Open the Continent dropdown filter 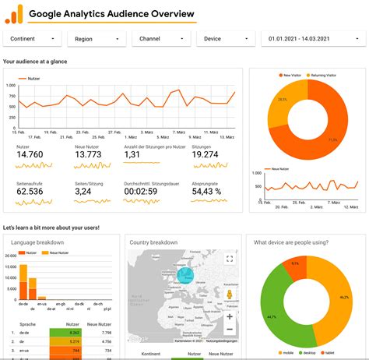coord(32,38)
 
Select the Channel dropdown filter coord(160,38)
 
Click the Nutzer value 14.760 coord(30,155)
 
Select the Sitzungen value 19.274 coord(206,155)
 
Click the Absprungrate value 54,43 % coord(207,191)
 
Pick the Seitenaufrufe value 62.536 coord(30,191)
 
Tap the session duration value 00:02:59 coord(141,191)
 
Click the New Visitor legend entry coord(290,76)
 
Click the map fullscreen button coord(230,259)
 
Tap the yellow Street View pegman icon coord(230,297)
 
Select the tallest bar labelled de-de coord(23,283)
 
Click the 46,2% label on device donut coord(344,297)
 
